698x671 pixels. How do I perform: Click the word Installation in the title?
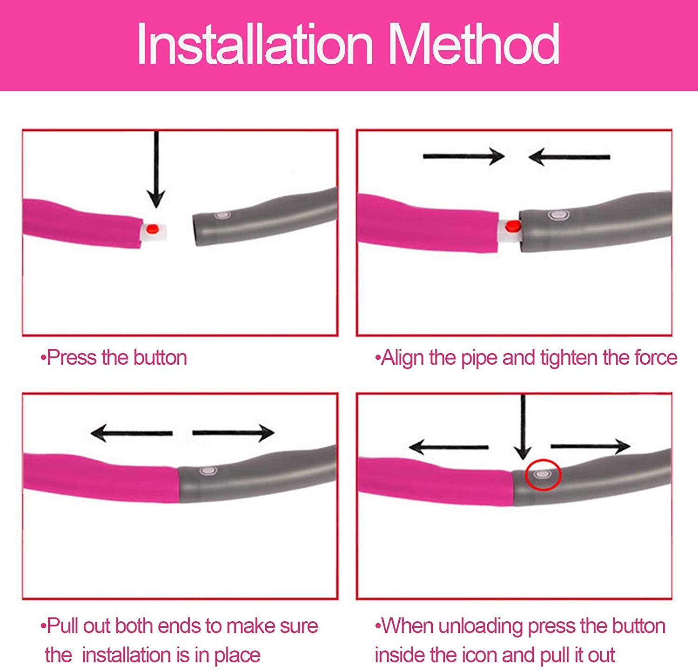[255, 44]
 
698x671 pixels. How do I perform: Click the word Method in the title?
[474, 44]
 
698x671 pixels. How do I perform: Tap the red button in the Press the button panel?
[152, 229]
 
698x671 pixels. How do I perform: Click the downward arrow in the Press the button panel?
[156, 169]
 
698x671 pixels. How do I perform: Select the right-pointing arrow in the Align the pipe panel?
[464, 156]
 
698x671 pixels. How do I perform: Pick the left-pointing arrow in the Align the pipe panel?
[569, 157]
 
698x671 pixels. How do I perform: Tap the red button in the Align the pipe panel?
[512, 226]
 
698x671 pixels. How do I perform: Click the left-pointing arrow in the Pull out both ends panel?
[132, 433]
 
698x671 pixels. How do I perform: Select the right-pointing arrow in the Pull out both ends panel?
[233, 433]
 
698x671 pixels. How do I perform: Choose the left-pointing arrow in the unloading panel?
[449, 447]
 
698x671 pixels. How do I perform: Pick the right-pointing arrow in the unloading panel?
[591, 446]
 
